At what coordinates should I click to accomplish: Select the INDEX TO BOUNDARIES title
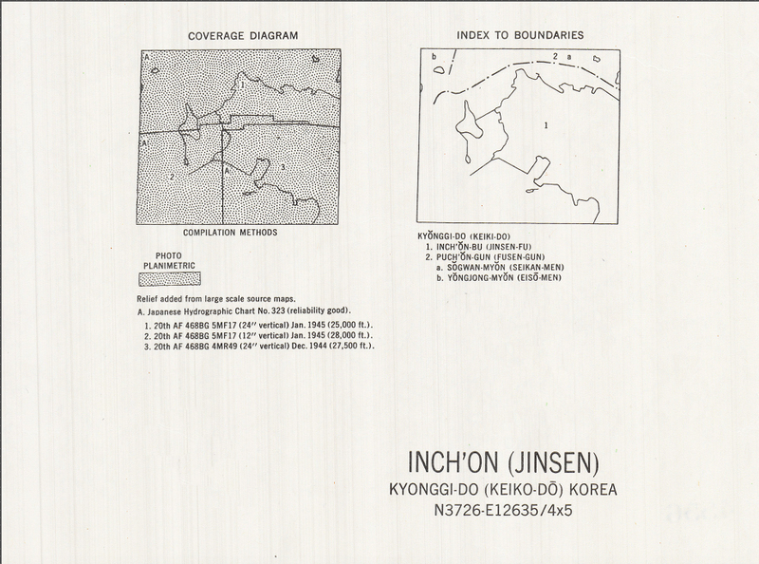[519, 36]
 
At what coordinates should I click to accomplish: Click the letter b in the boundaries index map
[433, 57]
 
